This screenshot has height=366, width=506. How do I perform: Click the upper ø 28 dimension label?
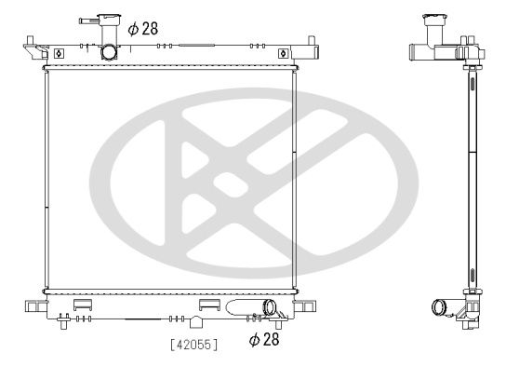pyautogui.click(x=143, y=29)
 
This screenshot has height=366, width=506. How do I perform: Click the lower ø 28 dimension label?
pyautogui.click(x=264, y=339)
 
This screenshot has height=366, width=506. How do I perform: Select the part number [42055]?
pyautogui.click(x=194, y=345)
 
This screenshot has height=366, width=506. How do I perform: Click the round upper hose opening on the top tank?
pyautogui.click(x=109, y=52)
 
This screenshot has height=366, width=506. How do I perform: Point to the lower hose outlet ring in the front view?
pyautogui.click(x=269, y=307)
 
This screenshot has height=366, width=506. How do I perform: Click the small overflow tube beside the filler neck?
pyautogui.click(x=89, y=21)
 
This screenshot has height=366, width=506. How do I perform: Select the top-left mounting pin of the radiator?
pyautogui.click(x=30, y=41)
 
